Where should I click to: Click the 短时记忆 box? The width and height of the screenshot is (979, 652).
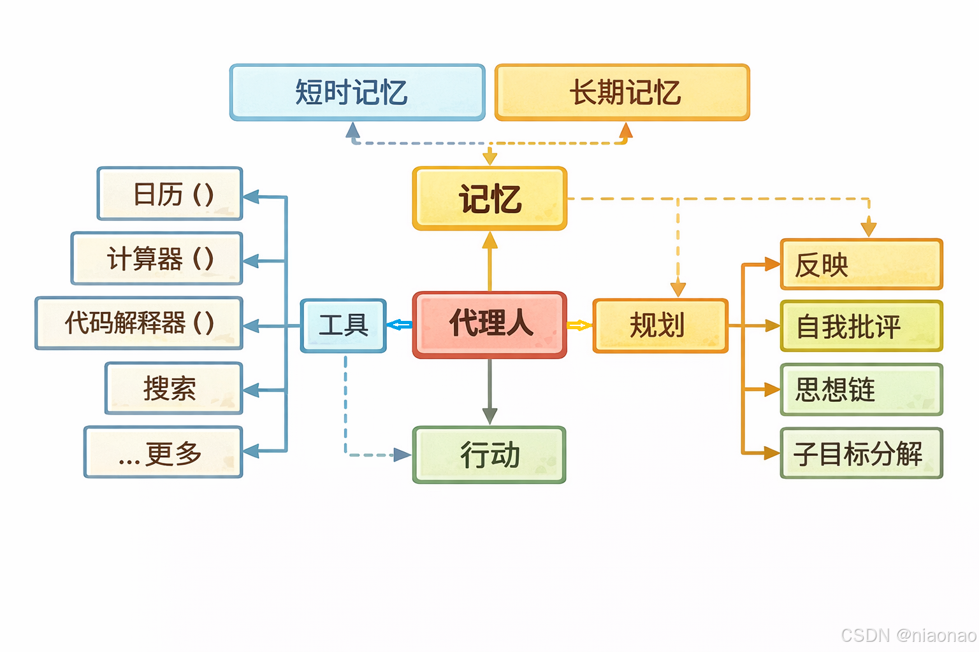click(357, 92)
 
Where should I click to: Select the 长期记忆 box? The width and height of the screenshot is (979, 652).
click(622, 92)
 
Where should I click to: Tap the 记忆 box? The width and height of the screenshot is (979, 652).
click(489, 199)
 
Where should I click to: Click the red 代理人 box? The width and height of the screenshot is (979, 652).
click(489, 325)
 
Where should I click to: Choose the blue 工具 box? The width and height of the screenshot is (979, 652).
click(344, 325)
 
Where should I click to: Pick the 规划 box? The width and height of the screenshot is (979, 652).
click(660, 325)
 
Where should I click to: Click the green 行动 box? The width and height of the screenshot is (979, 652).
click(489, 455)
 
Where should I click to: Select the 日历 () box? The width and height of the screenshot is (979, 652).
click(170, 194)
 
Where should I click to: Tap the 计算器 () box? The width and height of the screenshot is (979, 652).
click(157, 259)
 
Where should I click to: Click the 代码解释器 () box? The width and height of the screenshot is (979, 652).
click(139, 323)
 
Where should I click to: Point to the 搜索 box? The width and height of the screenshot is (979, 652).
click(174, 388)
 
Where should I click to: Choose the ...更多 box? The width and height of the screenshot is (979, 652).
click(163, 452)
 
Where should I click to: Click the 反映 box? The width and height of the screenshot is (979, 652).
click(861, 264)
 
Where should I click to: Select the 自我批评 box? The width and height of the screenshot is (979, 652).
click(861, 326)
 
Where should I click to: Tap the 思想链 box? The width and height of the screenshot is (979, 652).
click(861, 389)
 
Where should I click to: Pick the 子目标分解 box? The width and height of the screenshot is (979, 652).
click(861, 453)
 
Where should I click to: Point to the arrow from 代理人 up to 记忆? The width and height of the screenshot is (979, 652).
click(489, 261)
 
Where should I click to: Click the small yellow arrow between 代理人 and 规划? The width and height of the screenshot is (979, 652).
click(579, 325)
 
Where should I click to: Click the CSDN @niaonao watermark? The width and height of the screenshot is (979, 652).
click(908, 635)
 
